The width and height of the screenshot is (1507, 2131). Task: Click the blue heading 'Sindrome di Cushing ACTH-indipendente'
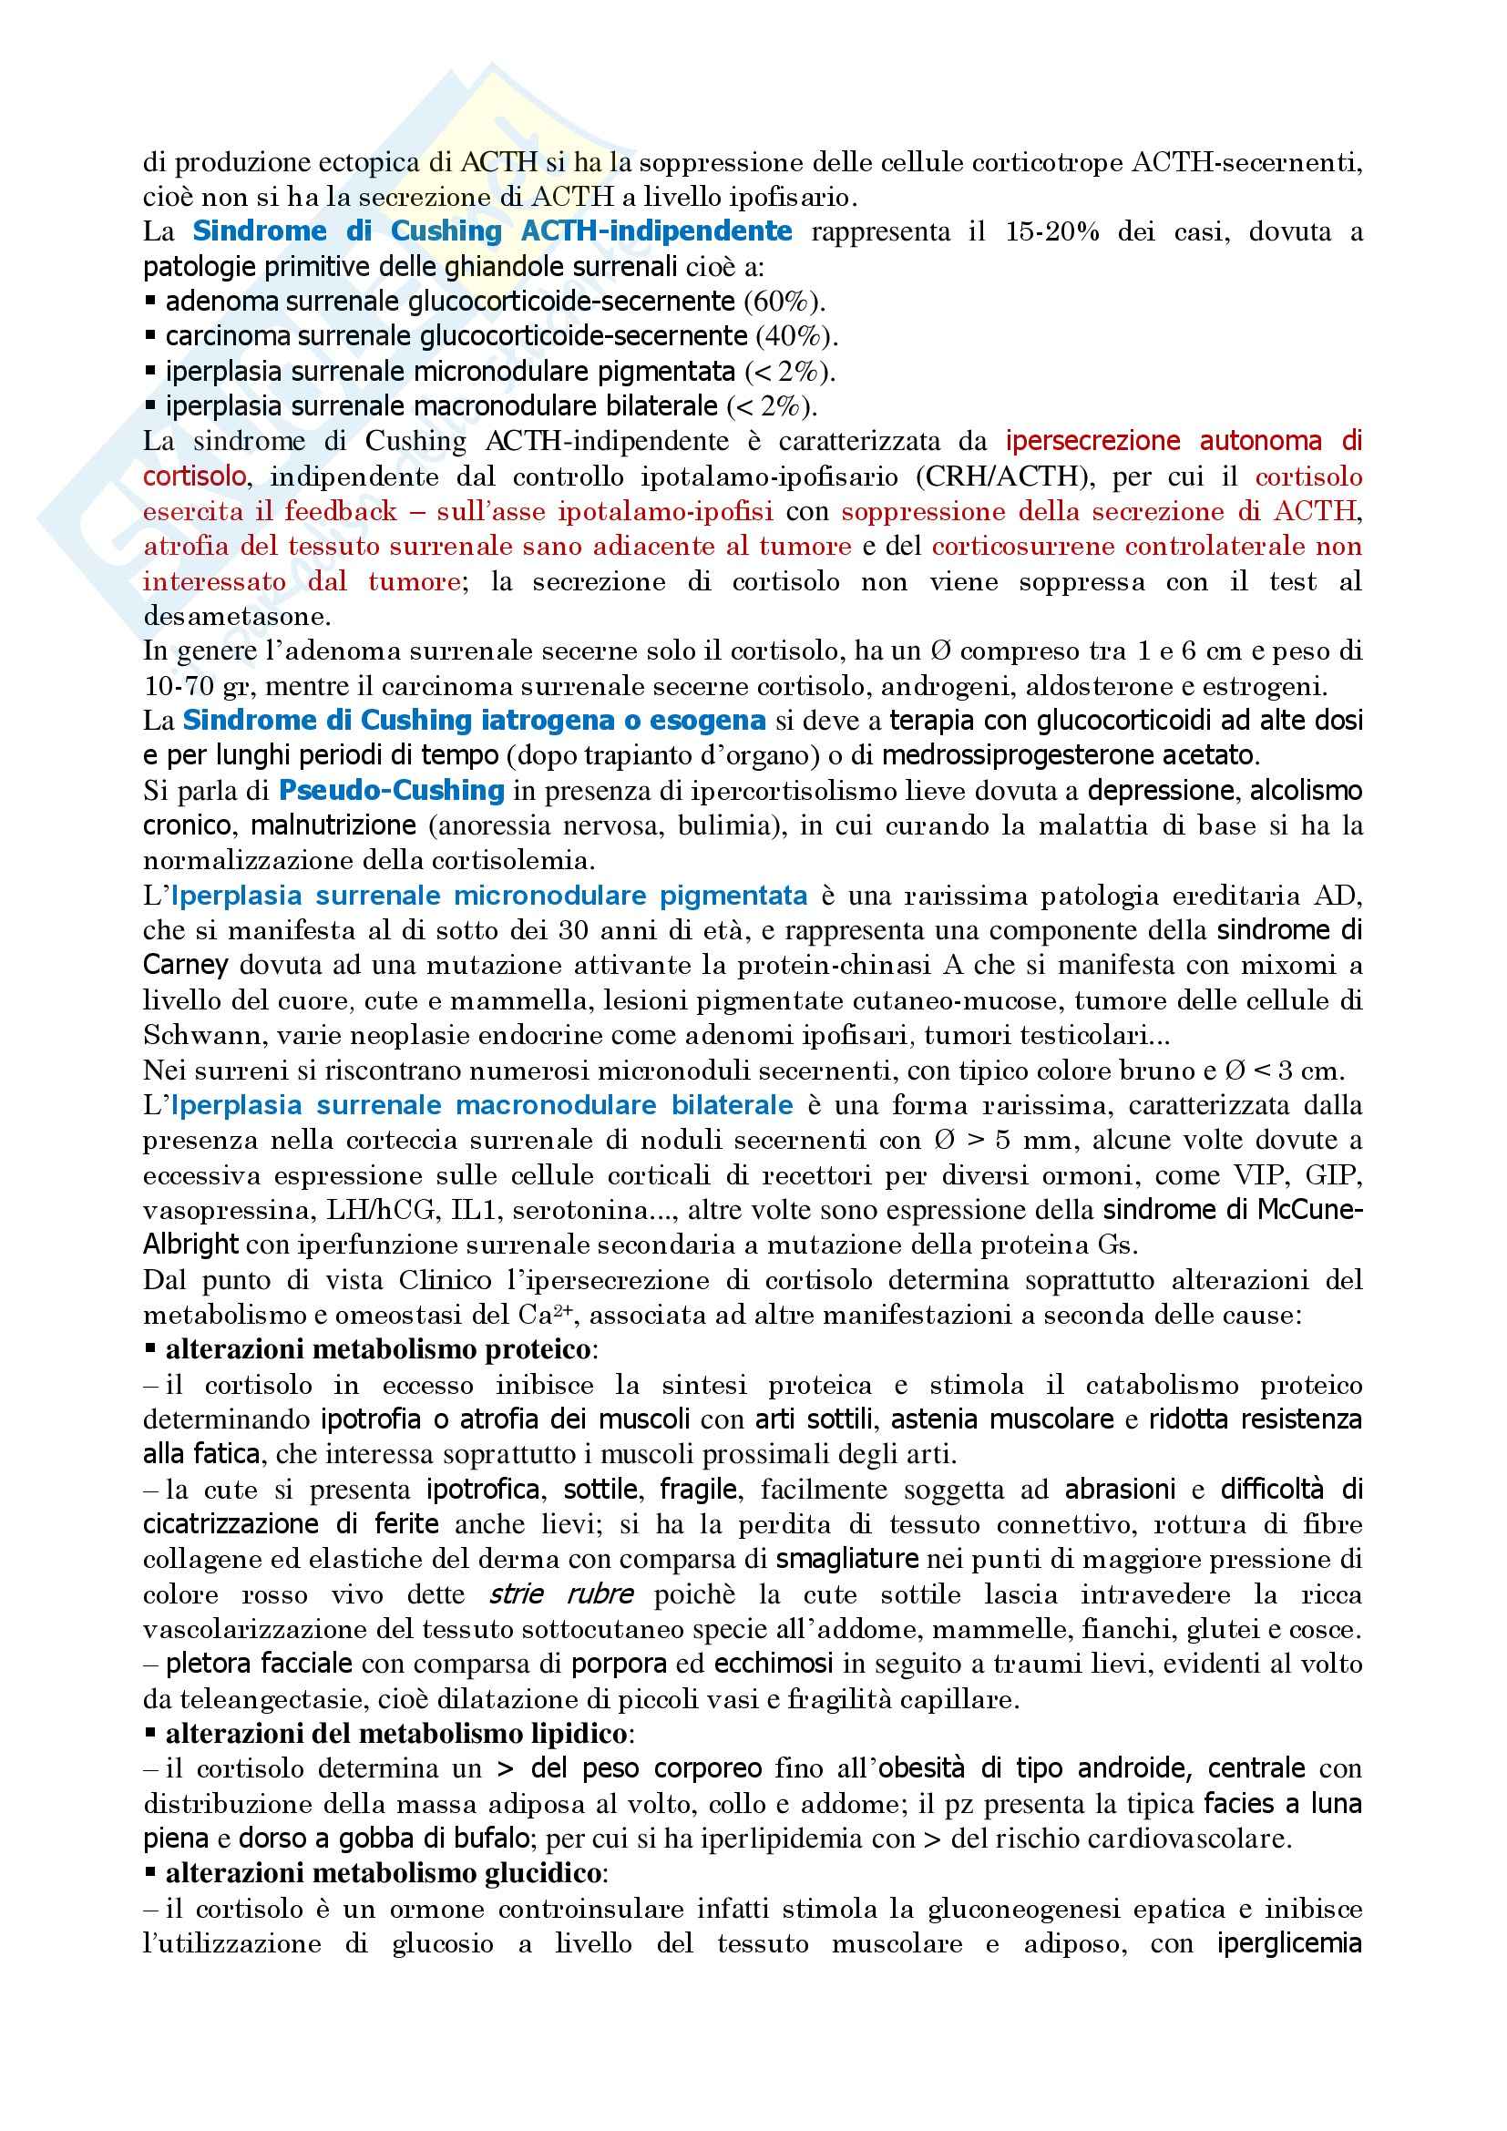pos(492,231)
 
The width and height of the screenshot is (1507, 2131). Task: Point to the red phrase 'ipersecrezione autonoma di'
pos(1184,441)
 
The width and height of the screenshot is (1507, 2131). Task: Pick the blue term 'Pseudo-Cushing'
pos(392,791)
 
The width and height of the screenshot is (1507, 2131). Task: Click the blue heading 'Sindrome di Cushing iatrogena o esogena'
pos(473,721)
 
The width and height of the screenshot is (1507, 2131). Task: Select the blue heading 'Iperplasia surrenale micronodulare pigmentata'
pos(489,896)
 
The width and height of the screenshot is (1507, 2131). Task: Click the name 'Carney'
pos(186,965)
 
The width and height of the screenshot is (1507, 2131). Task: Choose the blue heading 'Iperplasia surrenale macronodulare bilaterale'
pos(483,1105)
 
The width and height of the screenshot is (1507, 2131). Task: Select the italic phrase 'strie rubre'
pos(561,1595)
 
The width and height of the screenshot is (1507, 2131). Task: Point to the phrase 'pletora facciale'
pos(259,1665)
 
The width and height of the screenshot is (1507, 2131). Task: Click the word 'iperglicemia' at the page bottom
pos(1289,1944)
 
